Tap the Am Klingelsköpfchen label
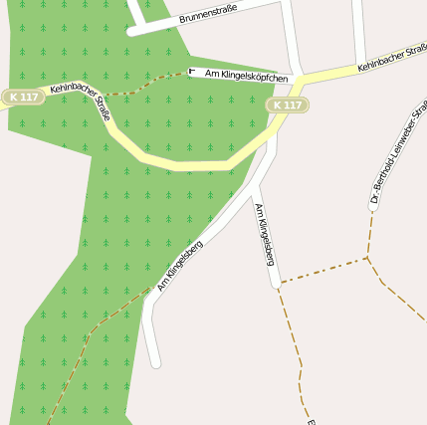tap(246, 76)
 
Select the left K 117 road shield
tap(21, 97)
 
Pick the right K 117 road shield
tap(288, 105)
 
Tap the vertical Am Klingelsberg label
tap(264, 234)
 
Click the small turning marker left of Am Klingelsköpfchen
tap(192, 72)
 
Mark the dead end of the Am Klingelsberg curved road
tap(154, 363)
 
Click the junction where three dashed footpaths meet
tap(367, 259)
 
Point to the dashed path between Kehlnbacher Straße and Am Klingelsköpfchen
tap(149, 89)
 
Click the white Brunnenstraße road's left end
tap(132, 31)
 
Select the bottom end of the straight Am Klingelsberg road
tap(276, 285)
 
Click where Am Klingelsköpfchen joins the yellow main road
tap(296, 80)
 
